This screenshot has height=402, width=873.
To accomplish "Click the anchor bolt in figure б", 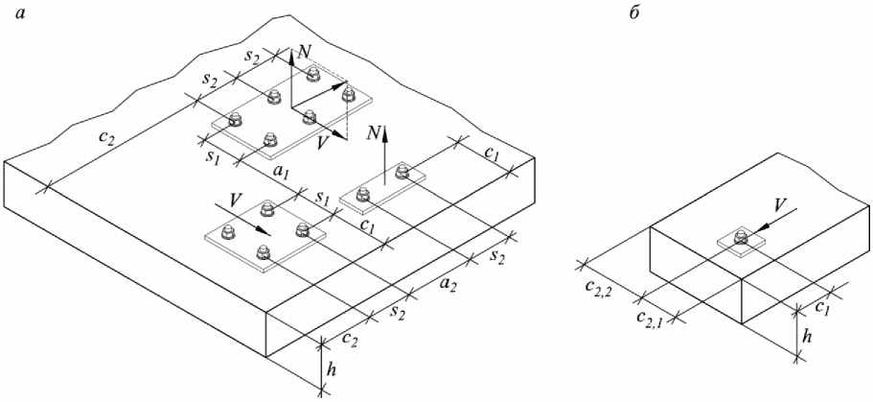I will click(x=741, y=236).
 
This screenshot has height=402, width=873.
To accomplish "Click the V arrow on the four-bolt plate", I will click(x=256, y=223).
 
